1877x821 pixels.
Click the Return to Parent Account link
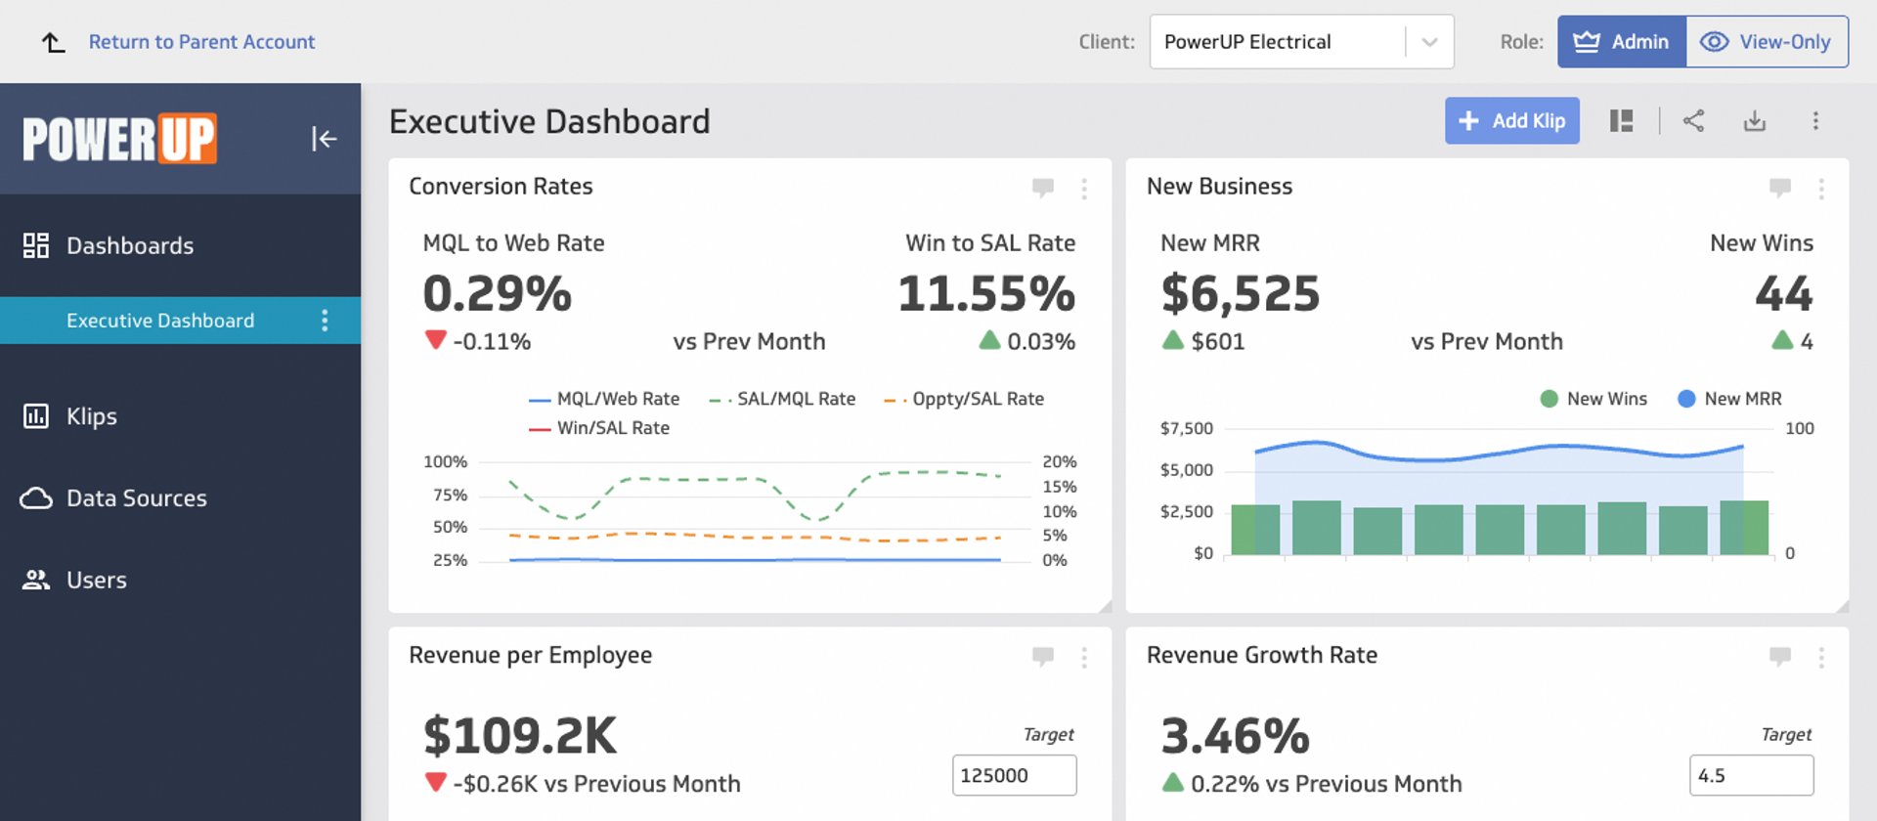click(201, 42)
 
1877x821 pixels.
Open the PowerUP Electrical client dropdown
click(1300, 42)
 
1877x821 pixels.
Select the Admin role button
click(1621, 42)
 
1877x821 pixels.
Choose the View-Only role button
click(1767, 42)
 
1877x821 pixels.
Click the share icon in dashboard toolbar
click(1693, 121)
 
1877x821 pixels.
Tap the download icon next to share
click(1755, 121)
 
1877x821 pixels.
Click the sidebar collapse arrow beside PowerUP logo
click(324, 139)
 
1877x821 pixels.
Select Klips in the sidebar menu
click(92, 416)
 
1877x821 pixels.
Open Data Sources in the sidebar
click(136, 498)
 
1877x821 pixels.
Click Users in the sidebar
click(96, 581)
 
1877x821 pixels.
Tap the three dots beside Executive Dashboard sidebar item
click(325, 321)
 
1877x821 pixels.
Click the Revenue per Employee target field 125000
click(1014, 775)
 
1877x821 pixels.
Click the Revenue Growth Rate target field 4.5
click(1750, 775)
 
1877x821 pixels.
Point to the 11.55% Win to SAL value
click(985, 294)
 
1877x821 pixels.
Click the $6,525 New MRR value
click(1240, 294)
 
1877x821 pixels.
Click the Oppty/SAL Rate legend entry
click(977, 399)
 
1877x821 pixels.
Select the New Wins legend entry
click(1605, 399)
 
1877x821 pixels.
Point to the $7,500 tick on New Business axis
click(1186, 428)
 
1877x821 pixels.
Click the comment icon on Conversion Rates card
click(1042, 187)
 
